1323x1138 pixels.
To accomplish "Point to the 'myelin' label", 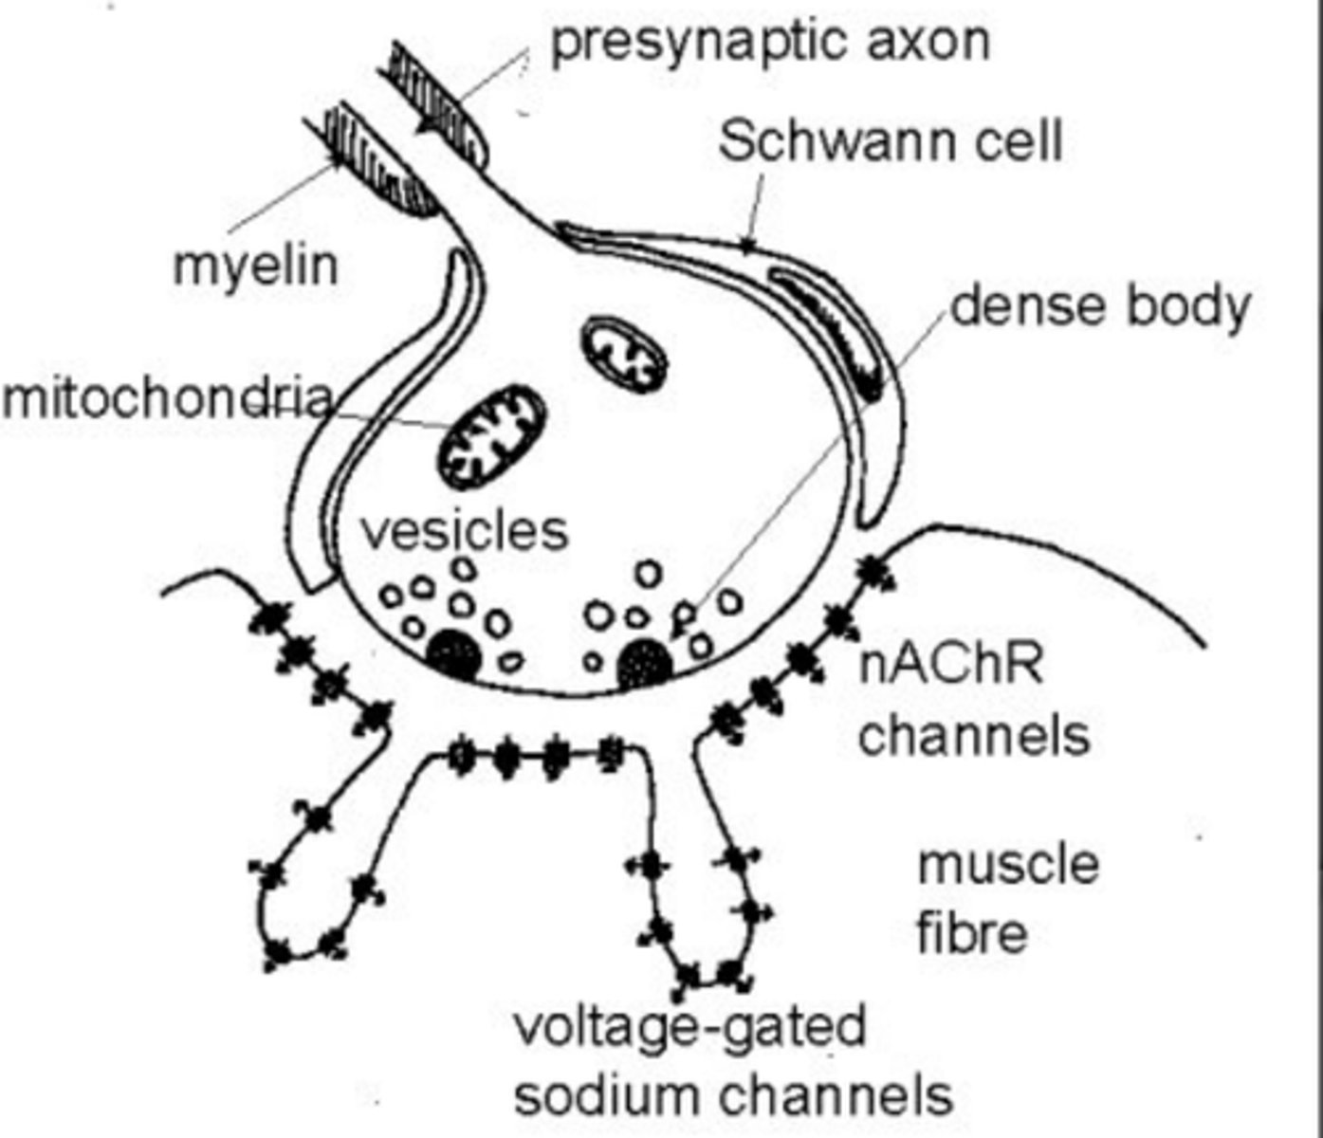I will [x=255, y=266].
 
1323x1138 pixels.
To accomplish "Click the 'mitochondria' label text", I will [x=167, y=398].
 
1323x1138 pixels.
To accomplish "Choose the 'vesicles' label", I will [x=464, y=530].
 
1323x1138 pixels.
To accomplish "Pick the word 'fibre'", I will [x=972, y=933].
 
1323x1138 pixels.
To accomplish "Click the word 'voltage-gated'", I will [x=689, y=1027].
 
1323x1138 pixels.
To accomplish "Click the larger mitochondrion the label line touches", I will [x=492, y=437].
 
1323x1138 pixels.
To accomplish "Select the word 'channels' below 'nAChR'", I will [x=974, y=735].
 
